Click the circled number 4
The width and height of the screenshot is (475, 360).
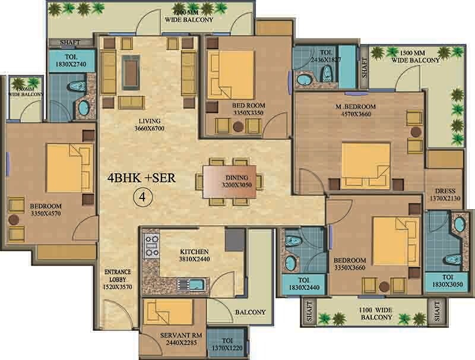142,197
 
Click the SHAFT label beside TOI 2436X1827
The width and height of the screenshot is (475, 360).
364,68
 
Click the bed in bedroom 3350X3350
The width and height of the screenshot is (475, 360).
231,74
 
